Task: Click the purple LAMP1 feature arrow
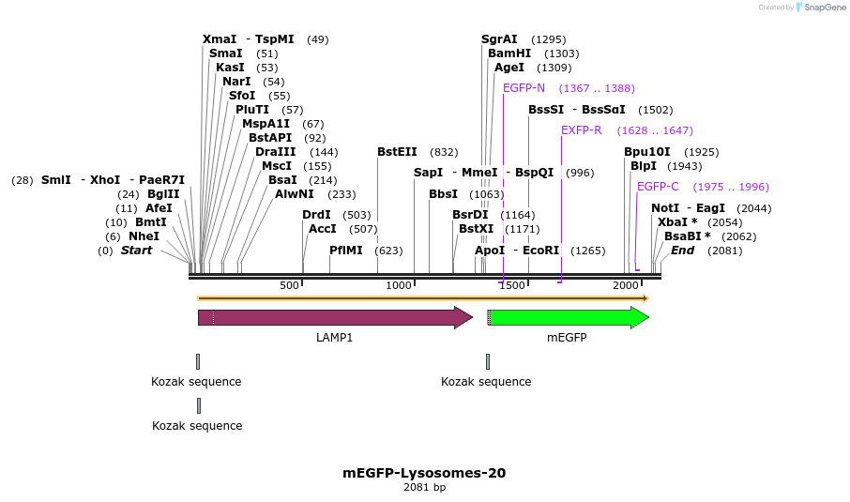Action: [334, 317]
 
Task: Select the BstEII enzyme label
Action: [397, 152]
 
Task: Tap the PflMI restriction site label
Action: [347, 251]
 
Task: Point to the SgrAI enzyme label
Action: [499, 39]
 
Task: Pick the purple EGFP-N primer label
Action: [524, 88]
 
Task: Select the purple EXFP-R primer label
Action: [581, 130]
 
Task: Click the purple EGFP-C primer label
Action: [658, 187]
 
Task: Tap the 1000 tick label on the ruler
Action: [400, 285]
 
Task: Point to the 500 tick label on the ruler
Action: [289, 285]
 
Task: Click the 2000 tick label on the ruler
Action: [626, 285]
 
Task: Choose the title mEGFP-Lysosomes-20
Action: [424, 473]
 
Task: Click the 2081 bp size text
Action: [424, 488]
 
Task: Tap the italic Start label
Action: [136, 251]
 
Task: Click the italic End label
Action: [682, 251]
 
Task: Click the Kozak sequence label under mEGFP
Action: [486, 382]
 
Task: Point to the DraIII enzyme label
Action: [275, 152]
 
